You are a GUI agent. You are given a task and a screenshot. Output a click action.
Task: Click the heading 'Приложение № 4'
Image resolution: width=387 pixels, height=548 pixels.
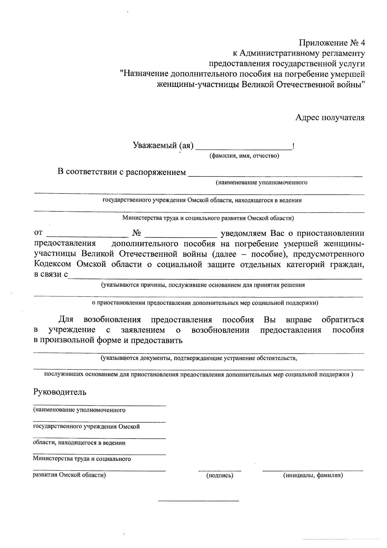pos(332,43)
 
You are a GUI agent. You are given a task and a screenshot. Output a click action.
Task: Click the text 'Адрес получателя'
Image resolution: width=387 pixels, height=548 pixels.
pos(330,118)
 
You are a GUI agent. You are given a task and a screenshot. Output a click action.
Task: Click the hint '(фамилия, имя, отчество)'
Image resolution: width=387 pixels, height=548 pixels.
pos(244,156)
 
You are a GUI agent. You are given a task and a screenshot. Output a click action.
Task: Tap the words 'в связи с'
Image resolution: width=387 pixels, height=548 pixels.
pos(51,275)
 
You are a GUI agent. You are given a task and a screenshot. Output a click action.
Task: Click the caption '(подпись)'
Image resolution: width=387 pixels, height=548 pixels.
pos(220,475)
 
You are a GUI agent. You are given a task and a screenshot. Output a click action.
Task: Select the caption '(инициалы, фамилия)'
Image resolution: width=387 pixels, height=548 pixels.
pos(313,475)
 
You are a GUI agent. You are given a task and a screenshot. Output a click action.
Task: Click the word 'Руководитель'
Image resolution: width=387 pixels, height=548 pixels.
pos(60,392)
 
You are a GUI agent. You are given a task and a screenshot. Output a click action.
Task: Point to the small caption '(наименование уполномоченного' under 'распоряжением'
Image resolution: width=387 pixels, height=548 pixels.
pos(262,183)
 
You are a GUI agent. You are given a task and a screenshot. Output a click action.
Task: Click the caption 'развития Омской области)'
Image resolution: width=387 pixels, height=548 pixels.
pos(69,475)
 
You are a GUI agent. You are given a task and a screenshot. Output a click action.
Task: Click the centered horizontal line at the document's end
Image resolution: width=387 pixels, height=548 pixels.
pos(198,501)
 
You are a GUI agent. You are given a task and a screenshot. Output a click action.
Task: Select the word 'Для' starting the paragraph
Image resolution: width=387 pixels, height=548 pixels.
pos(66,320)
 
